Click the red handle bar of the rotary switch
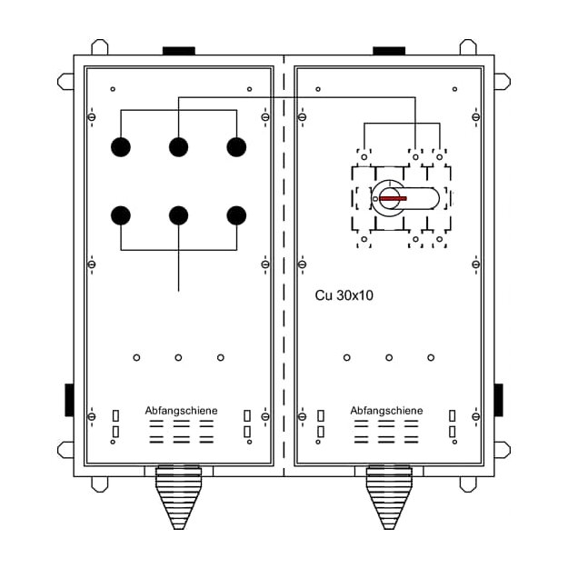pos(393,198)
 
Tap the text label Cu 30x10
pos(344,295)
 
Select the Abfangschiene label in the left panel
pos(181,411)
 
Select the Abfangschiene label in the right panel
pos(386,411)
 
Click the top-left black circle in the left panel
pos(121,147)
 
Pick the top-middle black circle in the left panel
pos(179,147)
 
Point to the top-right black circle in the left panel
pos(236,147)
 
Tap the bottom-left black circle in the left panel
pos(121,215)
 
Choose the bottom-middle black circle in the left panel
pos(179,215)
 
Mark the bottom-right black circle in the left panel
pos(236,215)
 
